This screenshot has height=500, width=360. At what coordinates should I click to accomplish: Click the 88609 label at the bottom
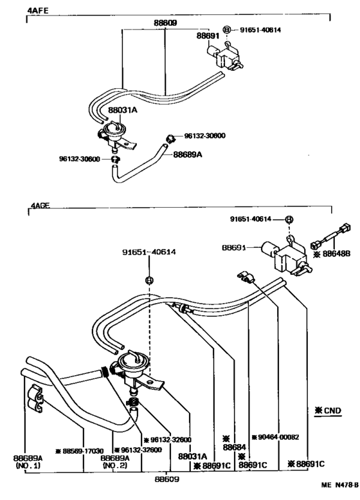(x=166, y=479)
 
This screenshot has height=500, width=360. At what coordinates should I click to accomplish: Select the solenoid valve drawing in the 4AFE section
(x=229, y=54)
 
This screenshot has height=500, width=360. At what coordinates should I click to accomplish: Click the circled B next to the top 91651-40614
(x=226, y=30)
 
